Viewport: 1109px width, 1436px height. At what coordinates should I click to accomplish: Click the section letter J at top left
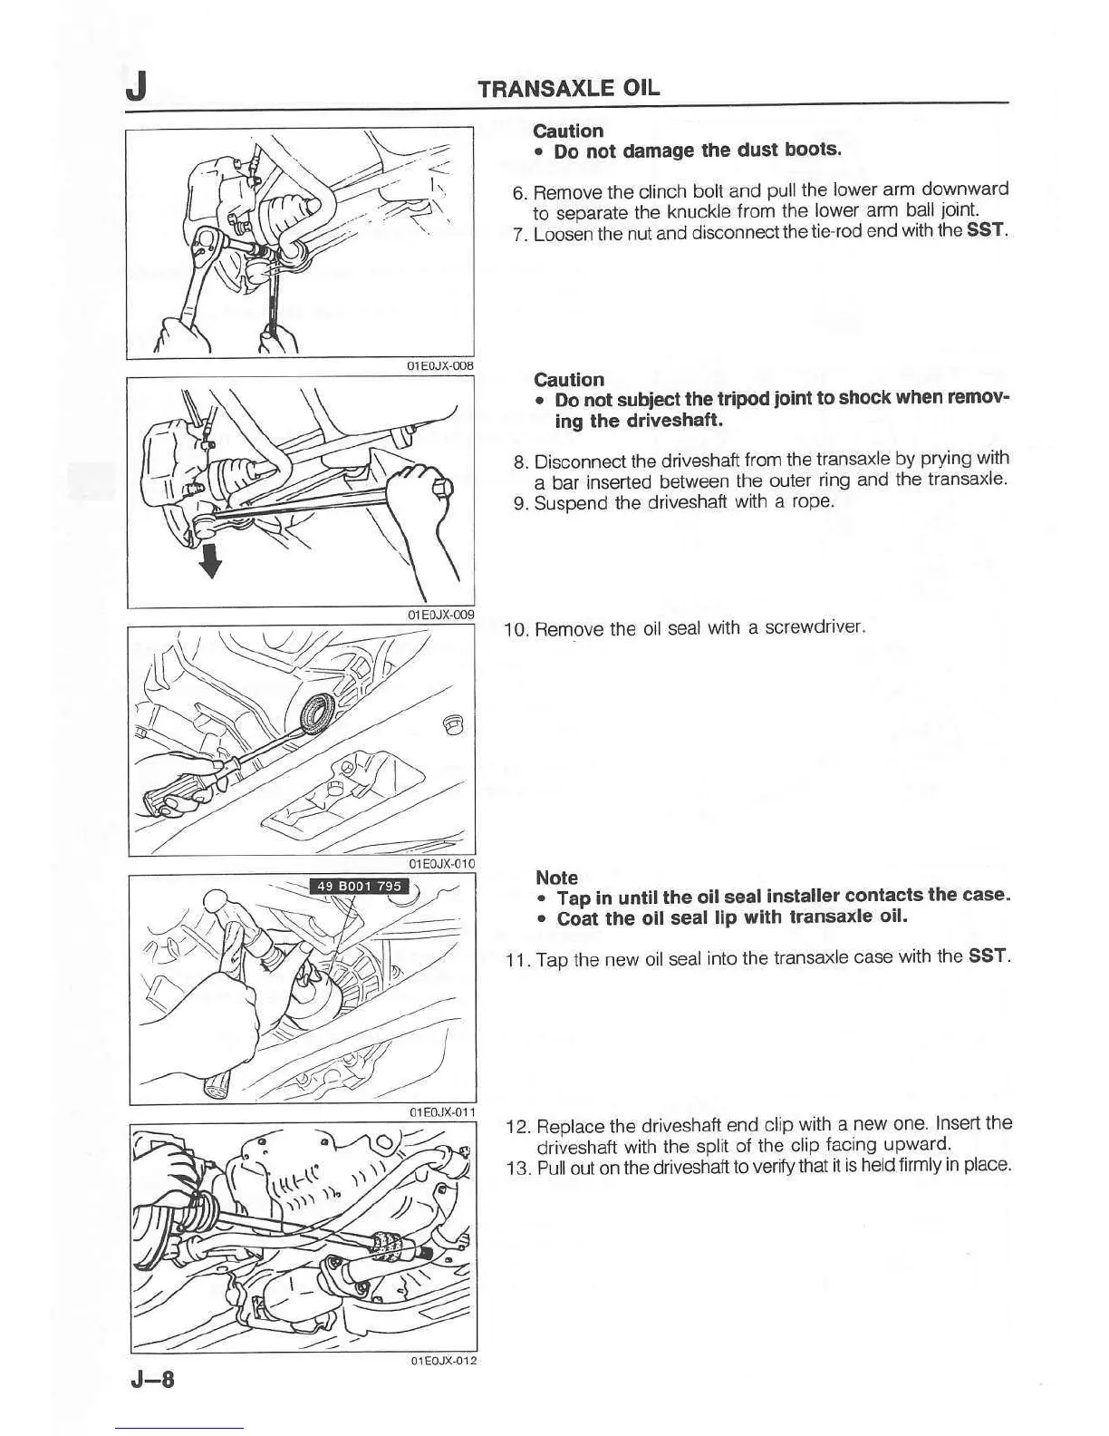(137, 88)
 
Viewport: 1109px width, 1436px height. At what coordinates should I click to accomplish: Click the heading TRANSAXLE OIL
(568, 88)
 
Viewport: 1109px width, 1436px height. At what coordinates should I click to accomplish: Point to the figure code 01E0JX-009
(440, 614)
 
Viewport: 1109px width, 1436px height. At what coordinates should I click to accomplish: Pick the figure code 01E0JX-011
(441, 1111)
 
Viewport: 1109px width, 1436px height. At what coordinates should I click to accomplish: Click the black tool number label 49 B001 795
(358, 887)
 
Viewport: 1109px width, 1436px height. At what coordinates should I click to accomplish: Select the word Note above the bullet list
(556, 877)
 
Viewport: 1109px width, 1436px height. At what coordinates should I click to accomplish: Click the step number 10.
(516, 629)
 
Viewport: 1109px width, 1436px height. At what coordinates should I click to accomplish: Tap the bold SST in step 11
(988, 956)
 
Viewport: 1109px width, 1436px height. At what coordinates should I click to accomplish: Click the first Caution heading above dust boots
(568, 131)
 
